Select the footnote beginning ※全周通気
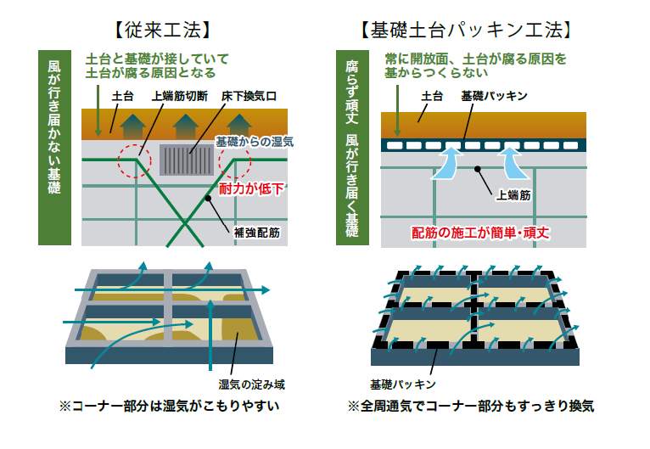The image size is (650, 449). (471, 407)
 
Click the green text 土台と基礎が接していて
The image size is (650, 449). (158, 59)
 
